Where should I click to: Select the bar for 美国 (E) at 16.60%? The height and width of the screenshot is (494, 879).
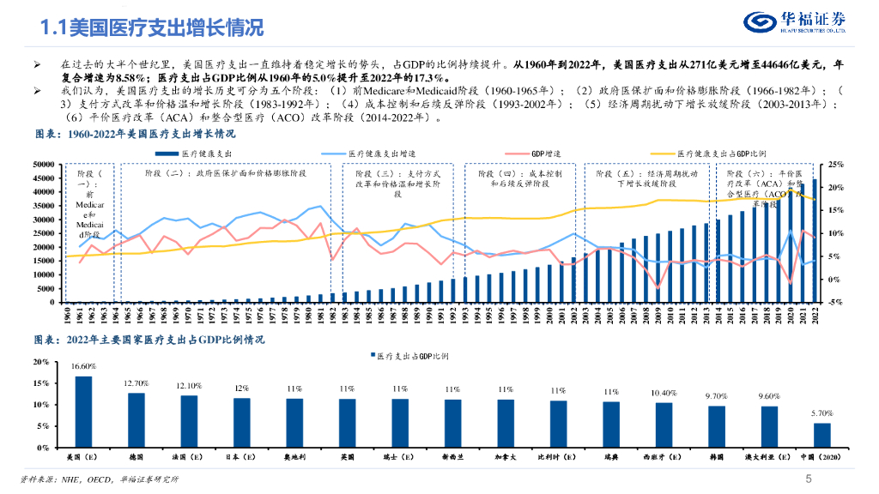(x=83, y=412)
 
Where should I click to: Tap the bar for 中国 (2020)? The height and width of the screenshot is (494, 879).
(x=822, y=435)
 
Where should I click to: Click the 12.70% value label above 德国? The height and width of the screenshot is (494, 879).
(x=136, y=383)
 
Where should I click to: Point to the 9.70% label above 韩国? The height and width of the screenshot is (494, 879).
(x=717, y=396)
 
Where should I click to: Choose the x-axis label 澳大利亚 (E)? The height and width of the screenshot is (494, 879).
(x=769, y=457)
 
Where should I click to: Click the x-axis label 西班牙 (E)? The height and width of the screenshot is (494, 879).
(x=664, y=457)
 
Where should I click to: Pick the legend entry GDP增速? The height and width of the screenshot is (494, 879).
(x=544, y=153)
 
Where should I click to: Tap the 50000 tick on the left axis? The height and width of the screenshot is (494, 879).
(x=43, y=165)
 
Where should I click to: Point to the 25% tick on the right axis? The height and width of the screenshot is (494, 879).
(x=835, y=165)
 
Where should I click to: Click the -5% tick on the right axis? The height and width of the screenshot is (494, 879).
(x=835, y=302)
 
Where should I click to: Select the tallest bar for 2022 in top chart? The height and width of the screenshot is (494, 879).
(x=815, y=240)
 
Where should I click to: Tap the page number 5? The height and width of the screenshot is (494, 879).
(x=807, y=479)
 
